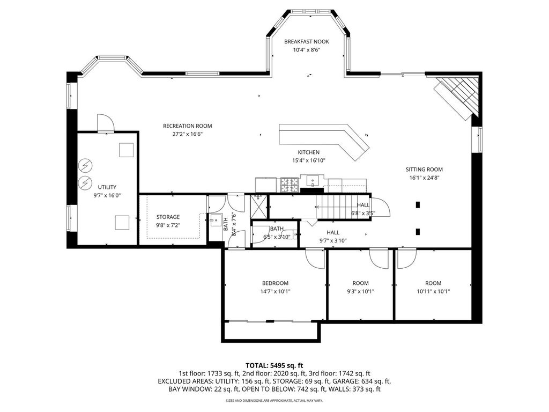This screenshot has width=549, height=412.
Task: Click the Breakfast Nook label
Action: pyautogui.click(x=306, y=41)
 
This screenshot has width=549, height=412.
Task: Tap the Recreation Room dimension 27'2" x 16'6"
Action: pyautogui.click(x=188, y=134)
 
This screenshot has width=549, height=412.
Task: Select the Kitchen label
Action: pyautogui.click(x=308, y=152)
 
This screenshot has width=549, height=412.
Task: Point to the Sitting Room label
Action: pyautogui.click(x=425, y=169)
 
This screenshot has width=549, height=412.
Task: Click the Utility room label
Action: pyautogui.click(x=107, y=187)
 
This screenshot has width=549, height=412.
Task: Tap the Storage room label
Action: pyautogui.click(x=168, y=217)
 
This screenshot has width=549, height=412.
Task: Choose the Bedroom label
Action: pyautogui.click(x=275, y=283)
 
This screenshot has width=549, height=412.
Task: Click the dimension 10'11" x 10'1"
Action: pyautogui.click(x=433, y=291)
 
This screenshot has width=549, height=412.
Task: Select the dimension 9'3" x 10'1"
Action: pyautogui.click(x=361, y=291)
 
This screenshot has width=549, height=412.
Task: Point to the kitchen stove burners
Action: pyautogui.click(x=290, y=185)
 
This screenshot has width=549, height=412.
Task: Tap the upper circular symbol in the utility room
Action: pyautogui.click(x=85, y=166)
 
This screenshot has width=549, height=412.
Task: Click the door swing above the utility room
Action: pyautogui.click(x=106, y=123)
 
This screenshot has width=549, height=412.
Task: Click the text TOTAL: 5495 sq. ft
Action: pyautogui.click(x=274, y=366)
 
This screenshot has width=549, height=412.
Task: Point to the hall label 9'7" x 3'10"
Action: pyautogui.click(x=333, y=241)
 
